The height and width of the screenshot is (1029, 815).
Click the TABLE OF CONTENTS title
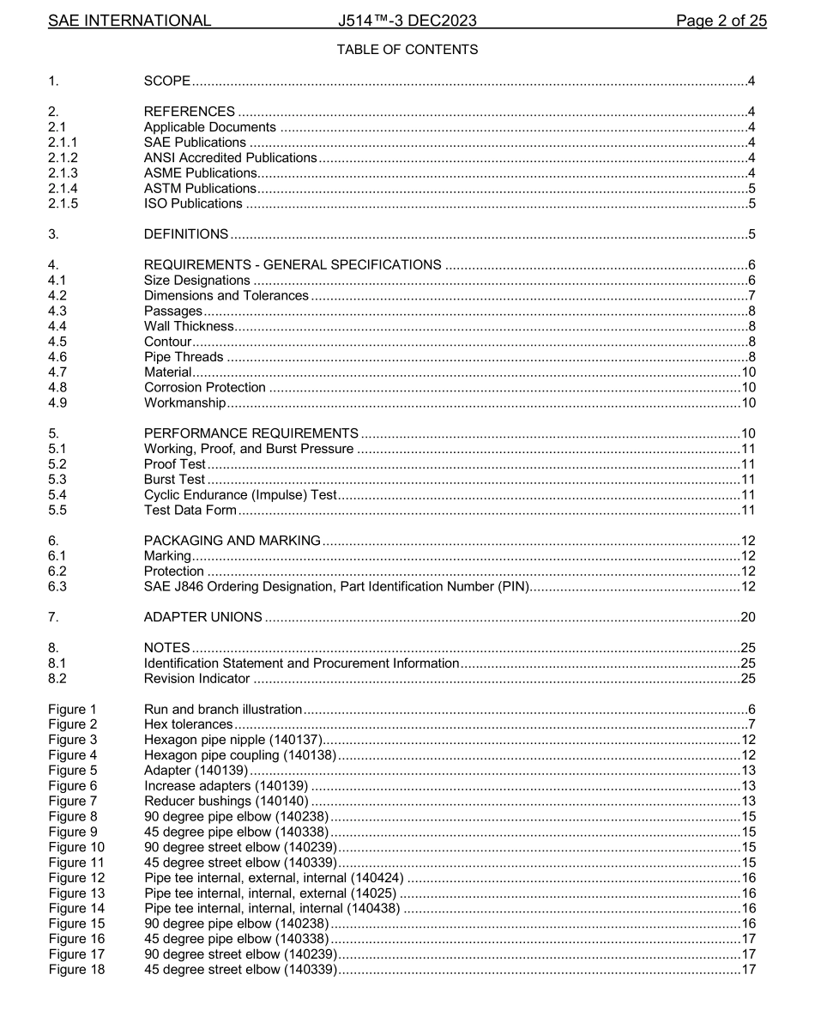pos(407,50)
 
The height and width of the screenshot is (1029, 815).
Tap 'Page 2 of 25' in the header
pos(721,21)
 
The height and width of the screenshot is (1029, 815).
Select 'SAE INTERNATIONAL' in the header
pos(130,21)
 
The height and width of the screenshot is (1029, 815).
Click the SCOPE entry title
pos(167,82)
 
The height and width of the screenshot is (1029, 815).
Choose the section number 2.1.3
pos(63,173)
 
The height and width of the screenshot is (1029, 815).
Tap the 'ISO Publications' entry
pos(193,203)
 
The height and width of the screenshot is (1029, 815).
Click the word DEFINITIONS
pos(186,234)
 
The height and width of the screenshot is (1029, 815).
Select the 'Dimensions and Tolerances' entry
pos(226,295)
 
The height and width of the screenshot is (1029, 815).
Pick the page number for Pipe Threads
pos(751,357)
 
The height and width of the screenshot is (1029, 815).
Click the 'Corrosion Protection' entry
pos(204,387)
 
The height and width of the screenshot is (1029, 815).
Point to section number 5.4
pos(56,494)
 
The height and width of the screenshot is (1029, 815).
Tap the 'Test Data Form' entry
pos(190,511)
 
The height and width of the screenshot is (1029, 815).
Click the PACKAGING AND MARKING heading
pos(232,541)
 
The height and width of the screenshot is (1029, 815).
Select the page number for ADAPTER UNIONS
pos(747,617)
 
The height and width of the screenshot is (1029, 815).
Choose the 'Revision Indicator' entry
pos(196,679)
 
